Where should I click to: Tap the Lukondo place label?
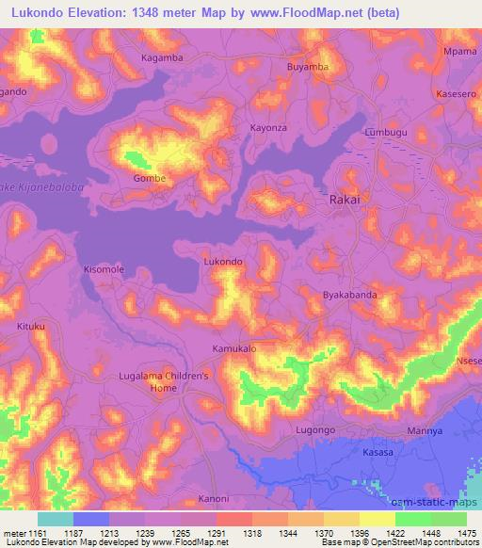[224, 262]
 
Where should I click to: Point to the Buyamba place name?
[307, 68]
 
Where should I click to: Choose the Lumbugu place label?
[387, 133]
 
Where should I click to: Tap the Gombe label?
[150, 178]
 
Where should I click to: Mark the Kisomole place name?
[104, 269]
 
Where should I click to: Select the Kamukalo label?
[234, 348]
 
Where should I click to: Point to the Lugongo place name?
[315, 429]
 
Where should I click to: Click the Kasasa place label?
[378, 453]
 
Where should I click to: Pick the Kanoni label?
[214, 498]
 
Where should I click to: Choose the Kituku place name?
[31, 326]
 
